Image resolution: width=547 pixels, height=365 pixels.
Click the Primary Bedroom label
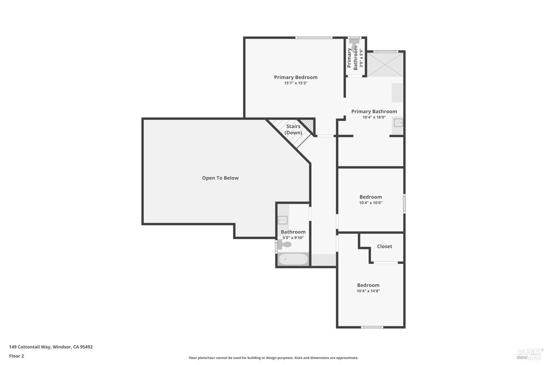coord(296,77)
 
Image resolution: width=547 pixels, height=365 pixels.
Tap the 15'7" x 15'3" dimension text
coord(296,83)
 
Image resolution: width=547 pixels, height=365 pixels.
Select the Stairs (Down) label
coord(293,130)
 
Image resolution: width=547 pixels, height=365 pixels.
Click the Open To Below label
coord(220,178)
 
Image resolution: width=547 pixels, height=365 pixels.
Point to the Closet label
coord(385,246)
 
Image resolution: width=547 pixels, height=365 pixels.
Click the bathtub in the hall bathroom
coord(293,259)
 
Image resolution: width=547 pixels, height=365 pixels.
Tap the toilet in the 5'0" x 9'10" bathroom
coord(285,244)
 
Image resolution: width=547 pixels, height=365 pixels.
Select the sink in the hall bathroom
coord(283,220)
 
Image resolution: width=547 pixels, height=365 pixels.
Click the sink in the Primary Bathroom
coord(398,123)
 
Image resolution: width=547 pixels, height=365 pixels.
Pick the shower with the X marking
coord(385,65)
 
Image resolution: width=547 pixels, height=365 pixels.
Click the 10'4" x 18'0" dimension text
coord(374,118)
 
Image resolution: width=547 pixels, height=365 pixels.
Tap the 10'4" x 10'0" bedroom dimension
coord(371,203)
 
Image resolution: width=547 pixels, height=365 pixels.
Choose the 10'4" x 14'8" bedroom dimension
coord(368,291)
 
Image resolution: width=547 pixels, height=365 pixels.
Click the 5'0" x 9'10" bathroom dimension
coord(293,238)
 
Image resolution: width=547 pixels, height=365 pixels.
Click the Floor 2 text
coord(17,356)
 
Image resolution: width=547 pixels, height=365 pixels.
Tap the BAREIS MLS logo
coord(530,354)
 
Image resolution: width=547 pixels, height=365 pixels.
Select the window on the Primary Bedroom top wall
coord(314,38)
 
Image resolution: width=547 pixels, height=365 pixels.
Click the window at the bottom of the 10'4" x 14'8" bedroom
coord(372,327)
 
